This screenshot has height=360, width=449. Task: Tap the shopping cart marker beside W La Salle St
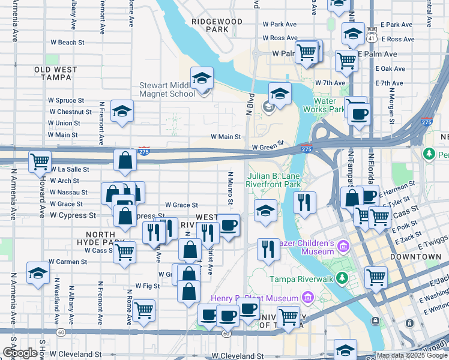coord(40,161)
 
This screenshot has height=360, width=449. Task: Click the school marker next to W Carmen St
coord(38,273)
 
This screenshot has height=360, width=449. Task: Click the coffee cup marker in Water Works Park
coord(360,114)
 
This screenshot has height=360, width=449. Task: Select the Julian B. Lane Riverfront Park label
coord(274,181)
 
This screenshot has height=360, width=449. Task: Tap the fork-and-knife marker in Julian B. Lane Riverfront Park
coord(305,202)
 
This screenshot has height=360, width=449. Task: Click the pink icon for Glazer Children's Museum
coord(343,246)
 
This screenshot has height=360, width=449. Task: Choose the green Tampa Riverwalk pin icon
coord(342,278)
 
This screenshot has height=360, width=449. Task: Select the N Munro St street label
coord(229,187)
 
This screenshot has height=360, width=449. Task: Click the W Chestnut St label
coord(70,112)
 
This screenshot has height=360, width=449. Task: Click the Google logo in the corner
coord(20,353)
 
